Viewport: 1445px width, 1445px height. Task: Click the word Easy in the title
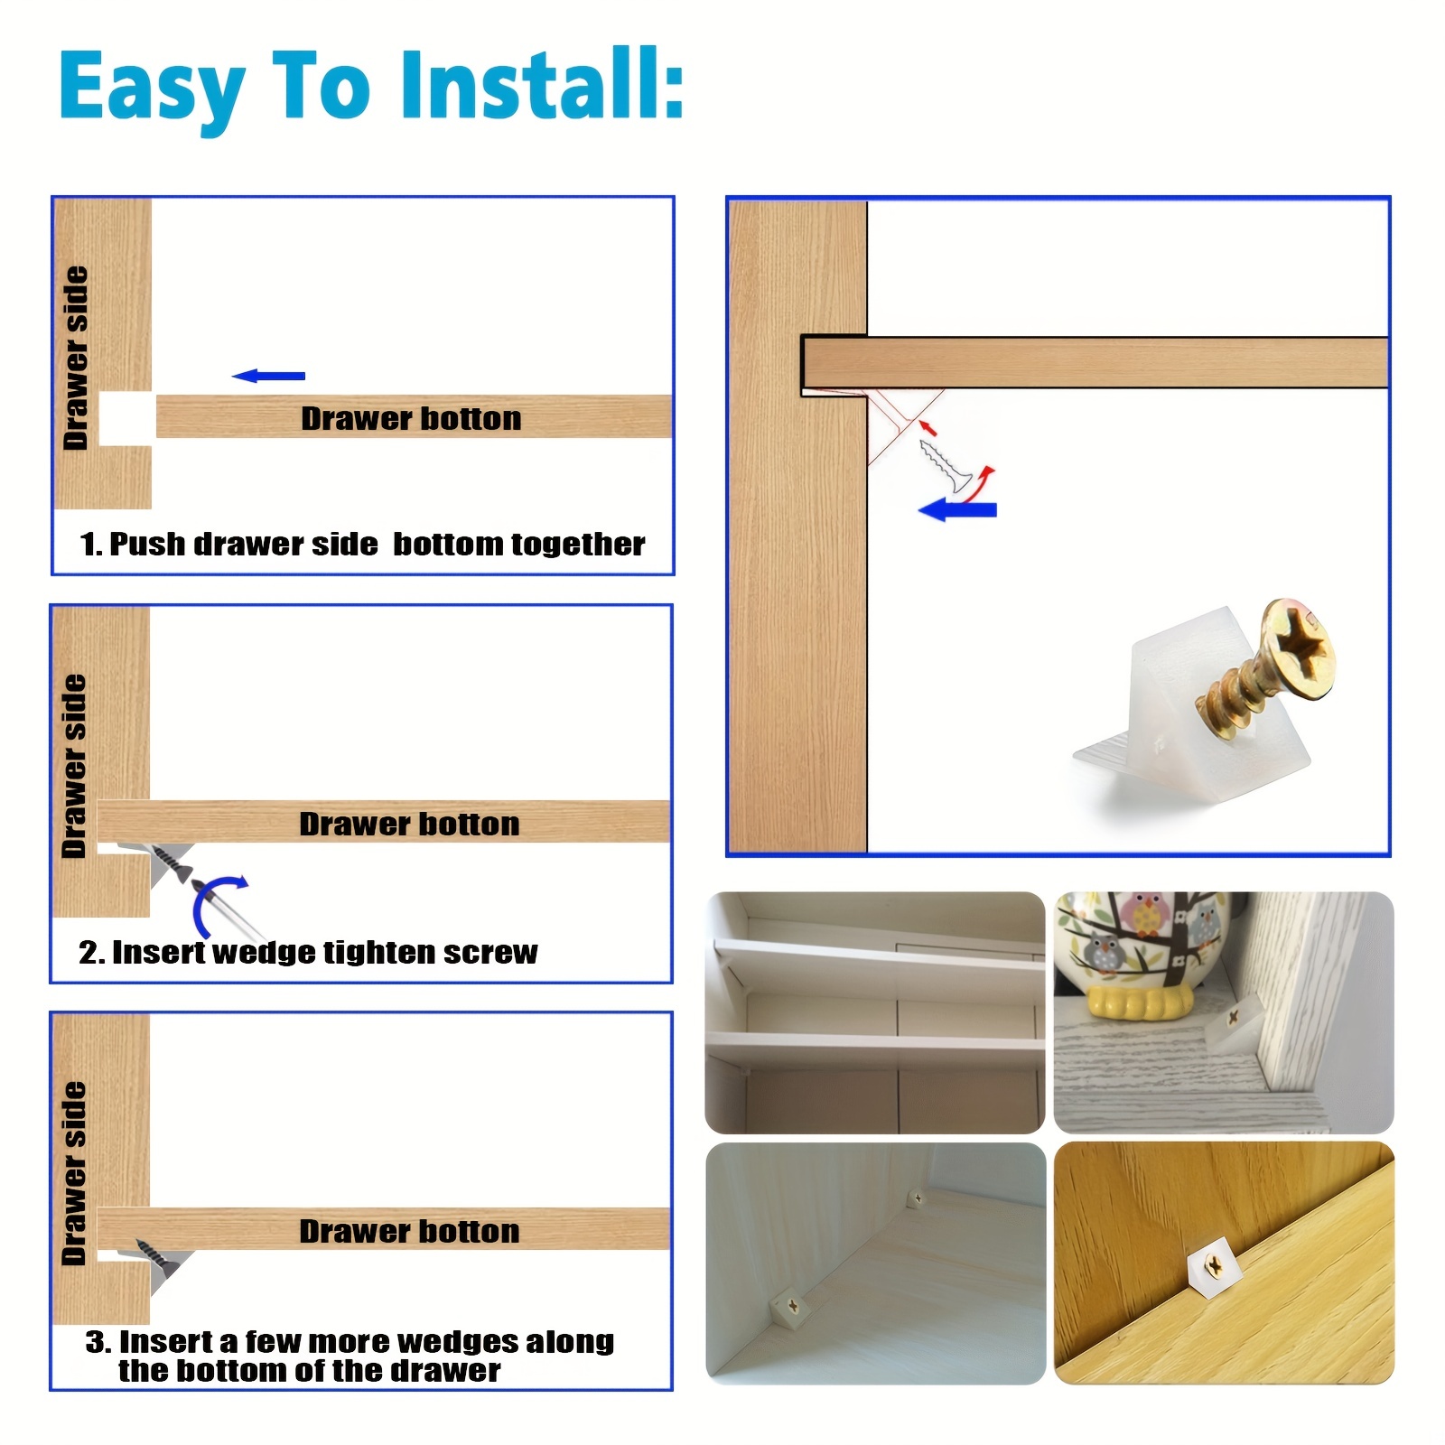pyautogui.click(x=153, y=90)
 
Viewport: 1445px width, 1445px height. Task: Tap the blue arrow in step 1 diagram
pyautogui.click(x=269, y=376)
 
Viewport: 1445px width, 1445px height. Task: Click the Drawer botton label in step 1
pyautogui.click(x=411, y=418)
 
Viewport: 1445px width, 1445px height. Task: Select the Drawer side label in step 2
pyautogui.click(x=74, y=766)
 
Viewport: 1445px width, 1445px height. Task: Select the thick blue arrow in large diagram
pyautogui.click(x=957, y=510)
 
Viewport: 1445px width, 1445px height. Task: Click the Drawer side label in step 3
pyautogui.click(x=74, y=1173)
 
